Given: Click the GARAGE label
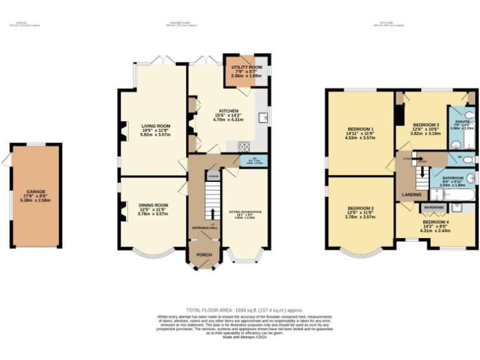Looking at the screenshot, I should (x=35, y=192).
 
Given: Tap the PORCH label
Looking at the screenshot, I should (x=204, y=254).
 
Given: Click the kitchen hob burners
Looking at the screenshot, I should (x=242, y=146).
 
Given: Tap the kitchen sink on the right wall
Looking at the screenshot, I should (x=265, y=117).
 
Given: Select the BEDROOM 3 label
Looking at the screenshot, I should (x=426, y=124).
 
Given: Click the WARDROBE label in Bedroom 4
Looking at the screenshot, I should (x=434, y=206).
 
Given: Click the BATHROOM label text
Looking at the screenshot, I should (x=451, y=178).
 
